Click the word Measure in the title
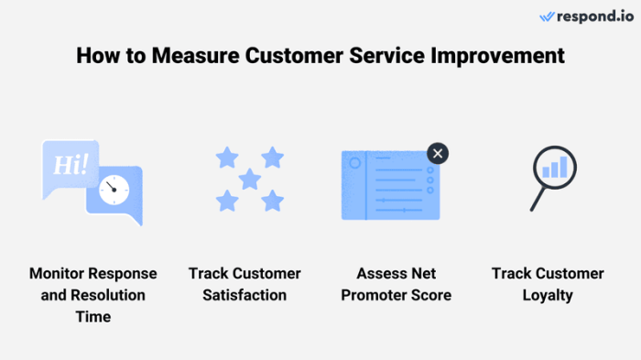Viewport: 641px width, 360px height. click(190, 57)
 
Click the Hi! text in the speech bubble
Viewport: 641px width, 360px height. click(71, 166)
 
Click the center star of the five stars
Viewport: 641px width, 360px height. click(249, 178)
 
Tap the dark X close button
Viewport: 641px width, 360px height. click(438, 153)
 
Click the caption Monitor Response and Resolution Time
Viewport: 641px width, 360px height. click(92, 295)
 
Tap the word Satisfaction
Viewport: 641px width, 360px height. click(244, 295)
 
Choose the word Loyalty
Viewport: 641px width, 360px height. click(548, 295)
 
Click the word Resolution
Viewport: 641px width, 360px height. click(108, 295)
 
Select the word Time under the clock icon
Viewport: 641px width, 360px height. click(92, 317)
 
